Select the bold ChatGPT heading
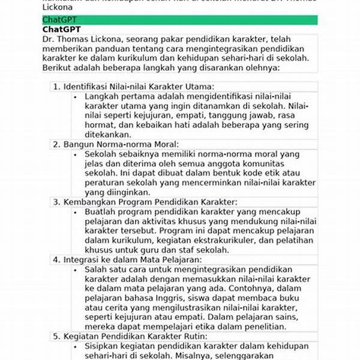[62, 29]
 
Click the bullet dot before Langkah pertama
[75, 96]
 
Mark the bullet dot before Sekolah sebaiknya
[75, 154]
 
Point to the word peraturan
[105, 183]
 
